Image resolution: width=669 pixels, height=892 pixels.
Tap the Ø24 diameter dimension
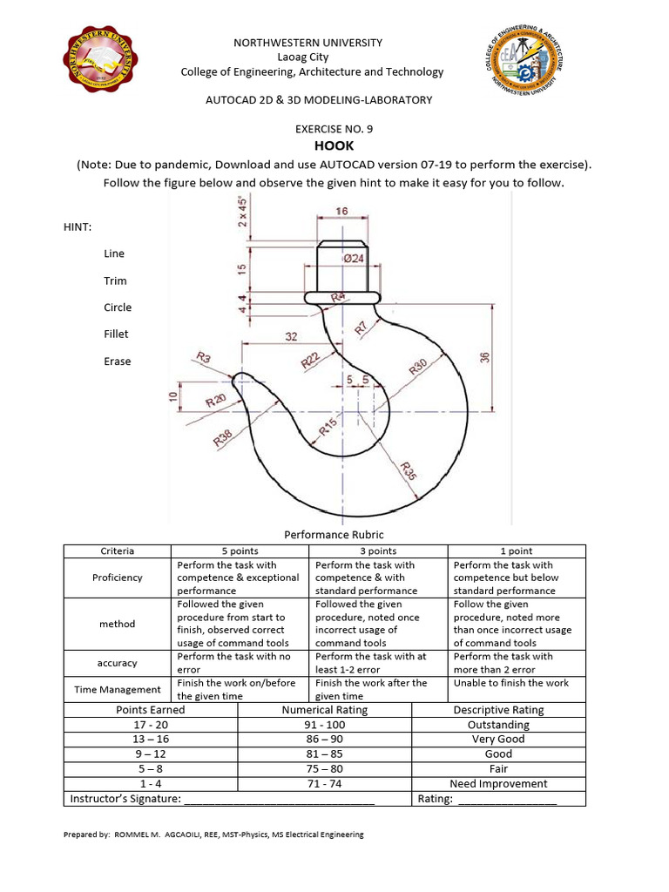[x=353, y=258]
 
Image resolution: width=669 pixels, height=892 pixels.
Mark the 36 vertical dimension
[x=485, y=356]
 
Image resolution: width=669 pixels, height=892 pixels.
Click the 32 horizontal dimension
[x=292, y=335]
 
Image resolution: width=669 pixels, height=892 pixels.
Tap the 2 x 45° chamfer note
[x=245, y=210]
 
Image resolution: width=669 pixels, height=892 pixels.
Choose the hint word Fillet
[x=116, y=334]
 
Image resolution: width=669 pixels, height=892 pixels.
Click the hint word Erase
[x=117, y=362]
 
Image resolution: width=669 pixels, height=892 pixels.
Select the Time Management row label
[x=117, y=689]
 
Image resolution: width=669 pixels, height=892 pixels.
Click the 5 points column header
[x=242, y=551]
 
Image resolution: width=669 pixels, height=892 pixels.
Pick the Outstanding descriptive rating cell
[x=498, y=725]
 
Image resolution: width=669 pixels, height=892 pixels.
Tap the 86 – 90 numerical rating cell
[x=324, y=740]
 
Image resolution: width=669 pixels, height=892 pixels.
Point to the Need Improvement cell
[x=498, y=784]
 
